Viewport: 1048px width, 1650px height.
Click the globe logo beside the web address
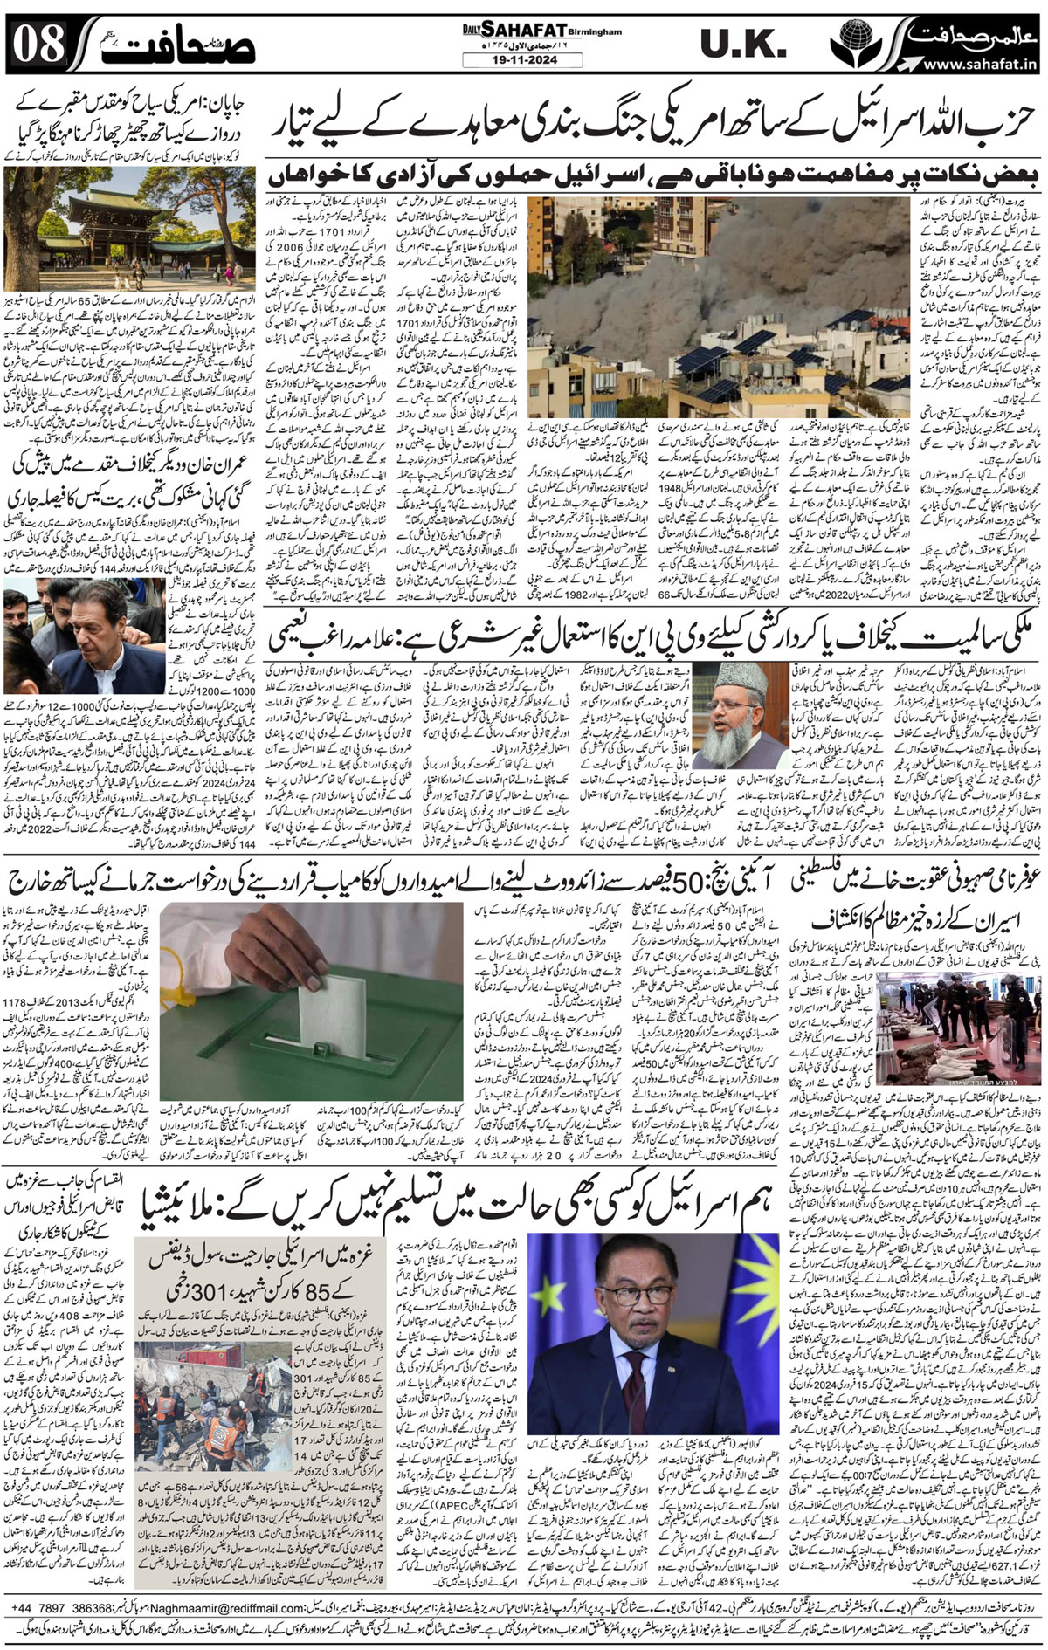850,44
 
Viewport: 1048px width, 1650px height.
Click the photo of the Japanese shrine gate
83,218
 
